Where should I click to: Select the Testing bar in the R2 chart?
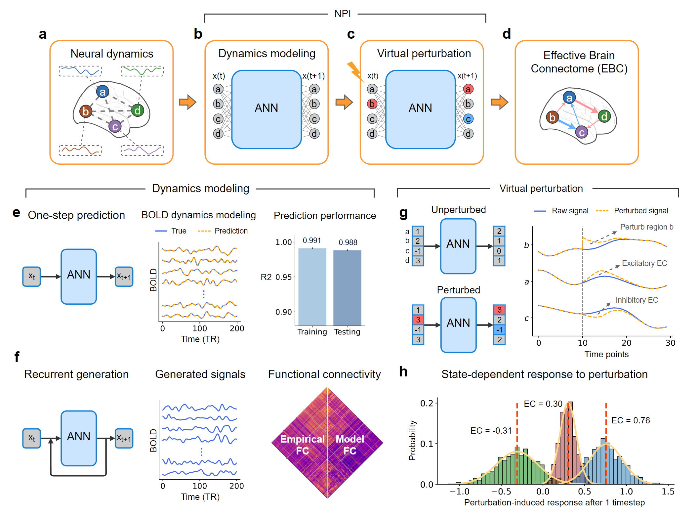coord(347,287)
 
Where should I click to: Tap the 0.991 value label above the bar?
coord(312,240)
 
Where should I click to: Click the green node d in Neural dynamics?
coord(137,110)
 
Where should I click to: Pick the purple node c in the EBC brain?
coord(582,132)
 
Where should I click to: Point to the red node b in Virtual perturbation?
coord(372,104)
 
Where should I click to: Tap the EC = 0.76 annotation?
coord(630,420)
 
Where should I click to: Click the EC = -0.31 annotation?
coord(491,431)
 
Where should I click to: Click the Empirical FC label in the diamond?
coord(302,445)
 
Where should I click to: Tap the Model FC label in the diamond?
coord(350,445)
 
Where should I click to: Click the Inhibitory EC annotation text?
coord(636,300)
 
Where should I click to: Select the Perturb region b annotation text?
coord(646,227)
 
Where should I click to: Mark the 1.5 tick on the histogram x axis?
coord(668,492)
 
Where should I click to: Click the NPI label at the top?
coord(343,14)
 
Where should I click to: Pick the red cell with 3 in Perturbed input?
coord(418,320)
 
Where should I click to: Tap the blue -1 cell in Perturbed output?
coord(499,330)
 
